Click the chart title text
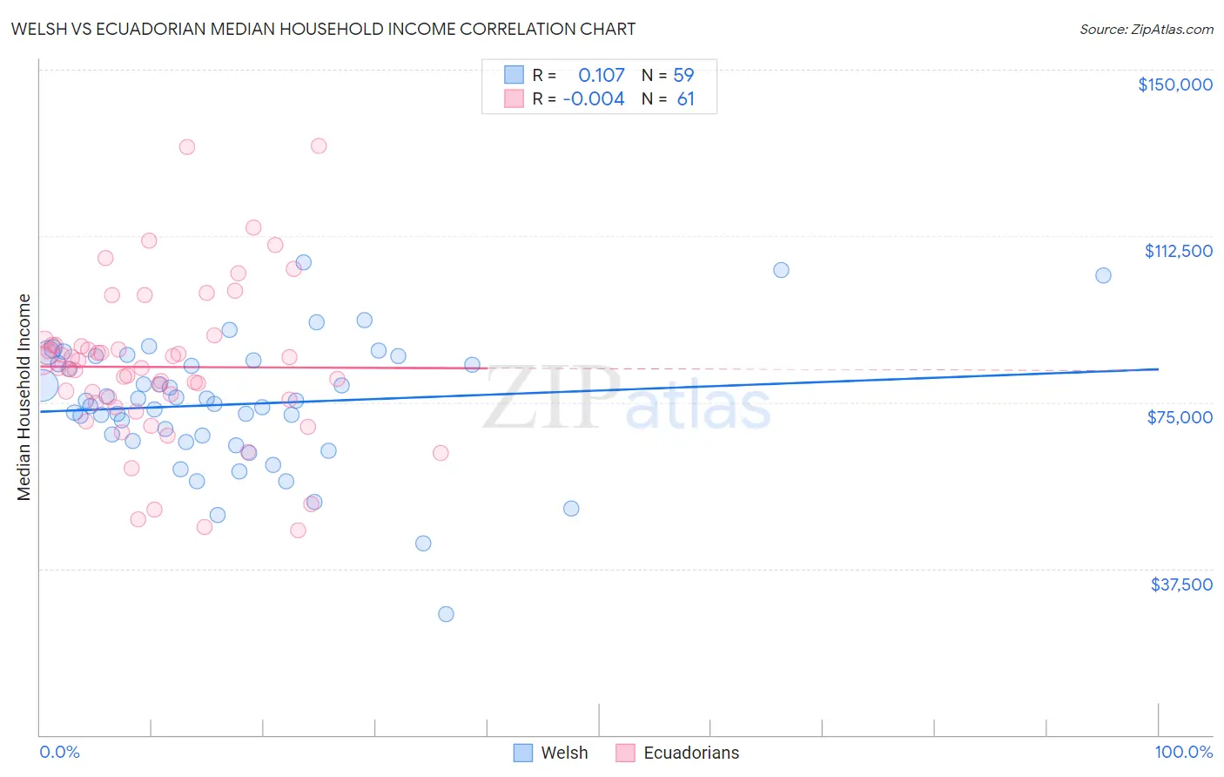(x=323, y=29)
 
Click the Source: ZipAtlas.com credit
(x=1146, y=29)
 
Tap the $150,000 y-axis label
(x=1174, y=84)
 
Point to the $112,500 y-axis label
(x=1178, y=251)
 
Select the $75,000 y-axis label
(x=1180, y=417)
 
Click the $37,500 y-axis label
(x=1181, y=584)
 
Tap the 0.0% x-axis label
(x=59, y=752)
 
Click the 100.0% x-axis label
(x=1183, y=752)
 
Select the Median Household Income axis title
(x=24, y=397)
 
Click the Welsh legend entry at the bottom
(x=550, y=753)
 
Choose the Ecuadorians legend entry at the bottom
(x=677, y=753)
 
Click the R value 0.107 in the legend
(x=601, y=76)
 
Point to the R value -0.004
(x=594, y=99)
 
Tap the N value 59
(x=683, y=76)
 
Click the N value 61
(x=685, y=99)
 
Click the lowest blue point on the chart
(x=446, y=614)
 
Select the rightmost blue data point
(x=1103, y=275)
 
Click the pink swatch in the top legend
(x=514, y=99)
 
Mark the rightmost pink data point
(x=441, y=453)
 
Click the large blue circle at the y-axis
(x=41, y=386)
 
